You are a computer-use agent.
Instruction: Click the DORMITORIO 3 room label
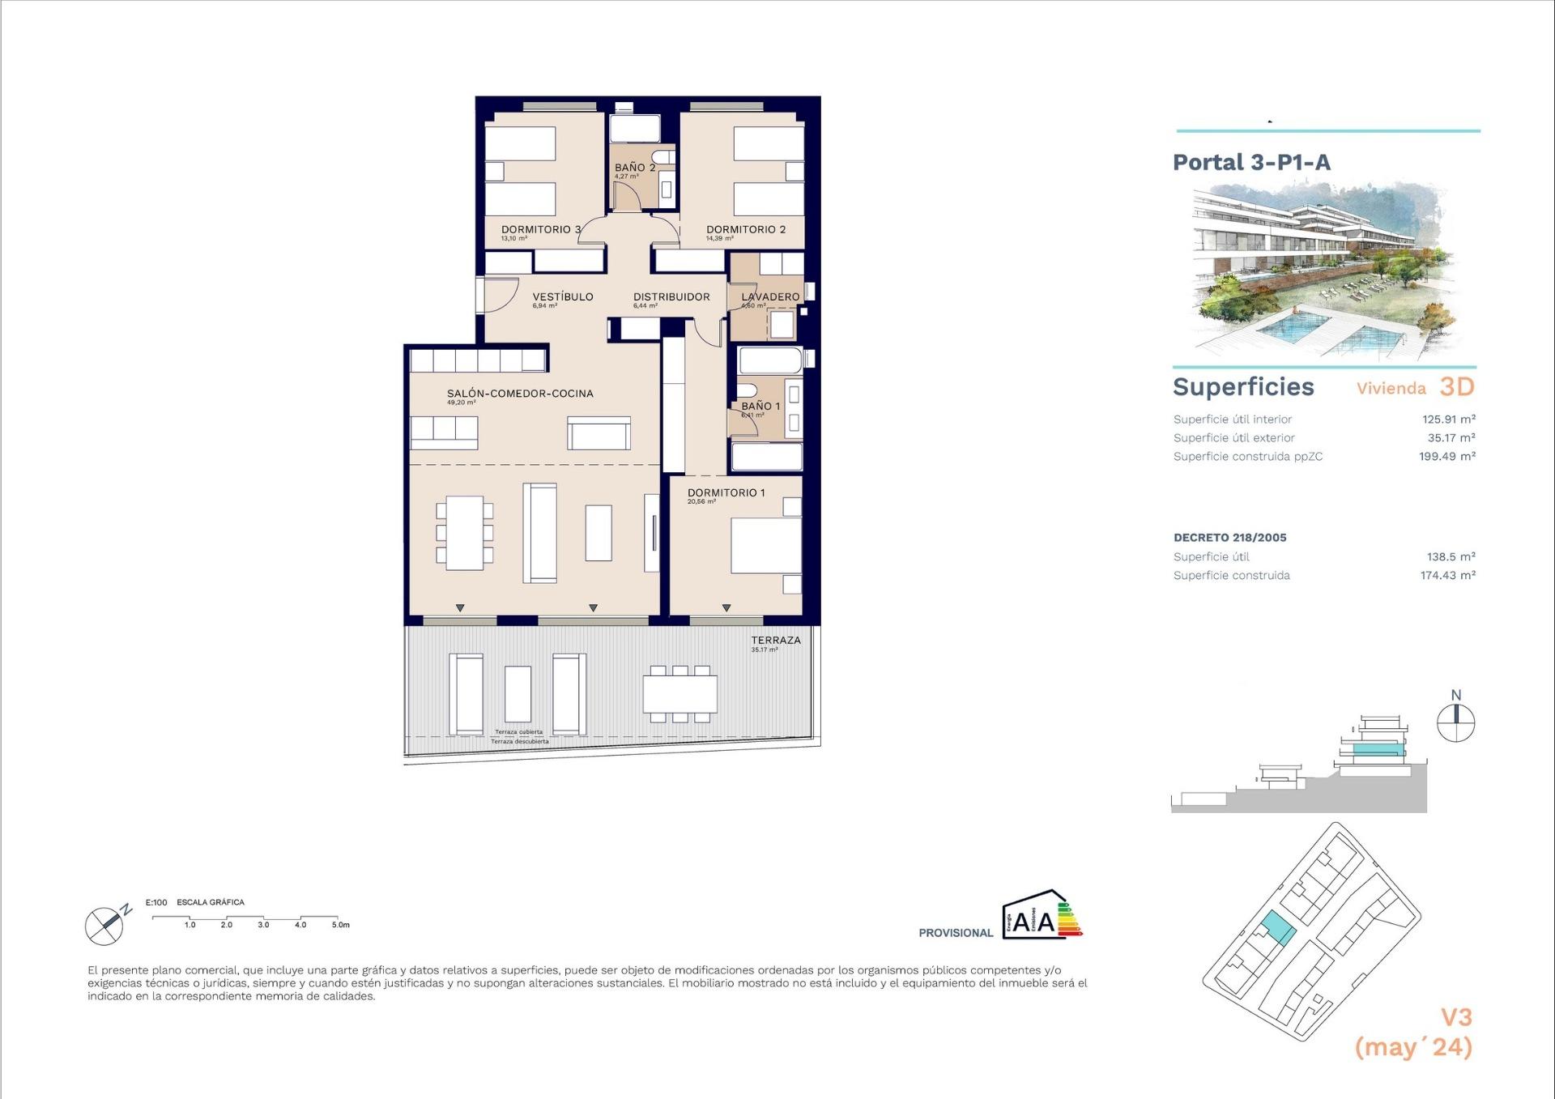540,229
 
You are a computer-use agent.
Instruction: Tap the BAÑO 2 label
634,168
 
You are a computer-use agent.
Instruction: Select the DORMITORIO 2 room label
745,229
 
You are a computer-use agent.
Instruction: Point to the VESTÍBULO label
562,296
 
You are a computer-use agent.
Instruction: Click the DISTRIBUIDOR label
671,296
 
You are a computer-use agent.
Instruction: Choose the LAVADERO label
769,296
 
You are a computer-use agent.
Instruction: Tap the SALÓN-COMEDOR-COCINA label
519,394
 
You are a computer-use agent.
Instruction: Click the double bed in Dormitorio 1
765,545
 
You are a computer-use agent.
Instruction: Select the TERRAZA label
775,640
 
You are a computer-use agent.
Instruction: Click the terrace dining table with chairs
680,694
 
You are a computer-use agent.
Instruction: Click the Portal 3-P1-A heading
1251,162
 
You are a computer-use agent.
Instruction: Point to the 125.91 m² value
1448,420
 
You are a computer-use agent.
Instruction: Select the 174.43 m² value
1447,576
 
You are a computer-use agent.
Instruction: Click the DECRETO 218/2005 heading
1229,538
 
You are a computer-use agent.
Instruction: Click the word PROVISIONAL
955,933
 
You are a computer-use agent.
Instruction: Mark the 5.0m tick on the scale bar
340,924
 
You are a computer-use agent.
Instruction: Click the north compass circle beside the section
1455,722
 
